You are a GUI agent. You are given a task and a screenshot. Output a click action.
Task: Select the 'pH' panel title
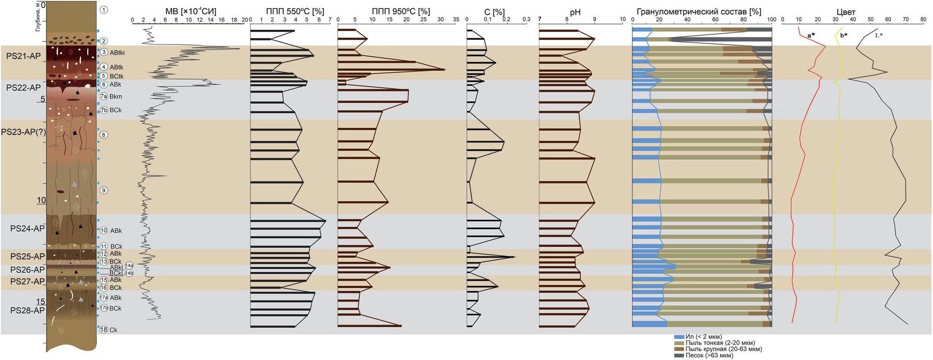575,12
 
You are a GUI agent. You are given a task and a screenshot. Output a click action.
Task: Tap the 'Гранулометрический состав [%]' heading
699,12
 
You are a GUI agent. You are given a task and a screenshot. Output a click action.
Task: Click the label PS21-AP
23,56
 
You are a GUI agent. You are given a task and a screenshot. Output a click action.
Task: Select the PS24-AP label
27,229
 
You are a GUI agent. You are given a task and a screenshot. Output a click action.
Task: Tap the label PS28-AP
27,310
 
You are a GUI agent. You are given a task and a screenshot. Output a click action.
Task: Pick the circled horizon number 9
104,190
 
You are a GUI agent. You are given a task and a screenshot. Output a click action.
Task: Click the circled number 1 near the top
104,9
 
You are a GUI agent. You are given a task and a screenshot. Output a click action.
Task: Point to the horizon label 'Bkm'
116,96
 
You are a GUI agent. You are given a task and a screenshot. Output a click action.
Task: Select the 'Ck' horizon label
113,330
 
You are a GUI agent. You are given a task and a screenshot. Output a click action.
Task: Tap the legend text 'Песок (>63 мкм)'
709,355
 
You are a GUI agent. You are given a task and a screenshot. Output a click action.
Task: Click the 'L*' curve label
879,35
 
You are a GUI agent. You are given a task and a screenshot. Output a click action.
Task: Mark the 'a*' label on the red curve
811,35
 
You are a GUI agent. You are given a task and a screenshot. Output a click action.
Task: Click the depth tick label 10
41,200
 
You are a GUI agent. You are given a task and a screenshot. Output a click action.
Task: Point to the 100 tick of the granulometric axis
771,19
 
